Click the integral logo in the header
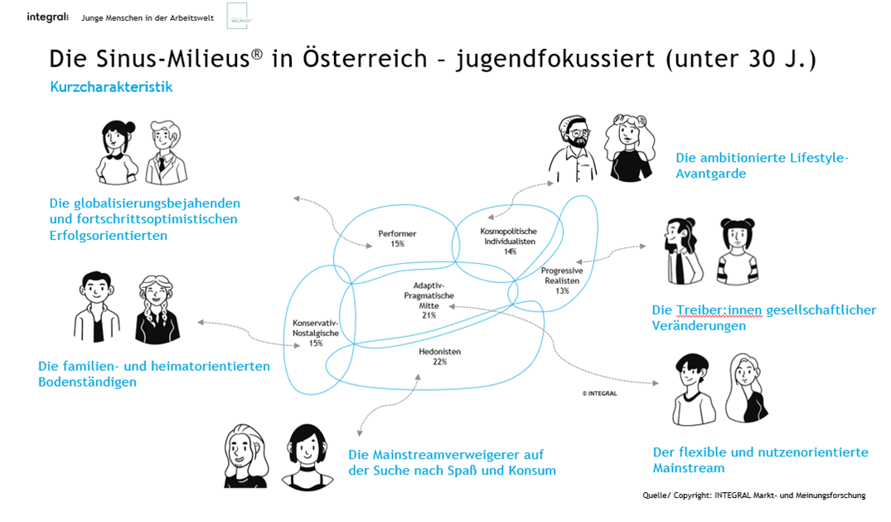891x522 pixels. pos(47,17)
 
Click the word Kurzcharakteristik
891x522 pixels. pos(111,86)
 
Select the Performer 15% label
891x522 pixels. pos(397,238)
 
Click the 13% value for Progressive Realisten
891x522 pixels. pos(562,290)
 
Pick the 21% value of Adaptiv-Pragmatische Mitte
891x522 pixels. pos(429,315)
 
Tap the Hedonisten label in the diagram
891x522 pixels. pos(439,352)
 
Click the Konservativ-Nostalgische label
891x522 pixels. pos(316,328)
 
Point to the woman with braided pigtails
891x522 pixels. pos(157,309)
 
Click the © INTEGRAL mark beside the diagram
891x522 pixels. pos(598,393)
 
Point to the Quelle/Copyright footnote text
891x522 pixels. pos(753,495)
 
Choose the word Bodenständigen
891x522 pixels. pos(87,382)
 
